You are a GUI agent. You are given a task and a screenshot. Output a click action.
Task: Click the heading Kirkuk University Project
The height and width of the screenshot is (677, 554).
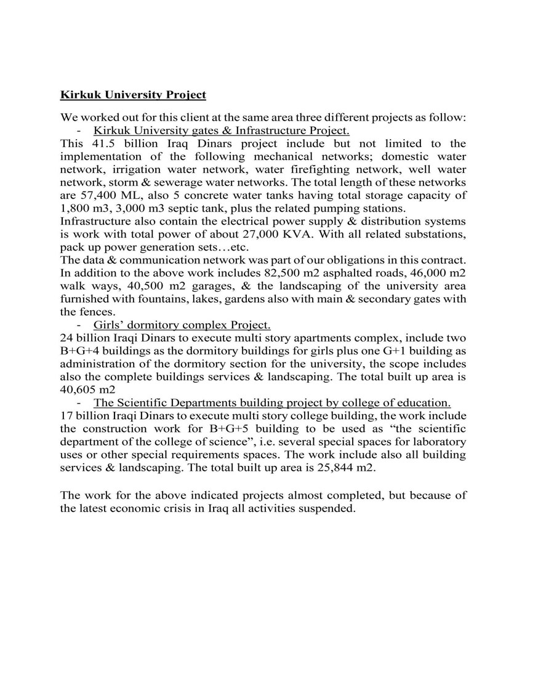pyautogui.click(x=133, y=95)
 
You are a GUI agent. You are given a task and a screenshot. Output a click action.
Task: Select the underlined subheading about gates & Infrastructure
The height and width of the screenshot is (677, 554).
pyautogui.click(x=222, y=130)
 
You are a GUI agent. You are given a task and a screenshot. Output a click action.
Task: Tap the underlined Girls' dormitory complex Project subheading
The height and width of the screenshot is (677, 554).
pyautogui.click(x=182, y=325)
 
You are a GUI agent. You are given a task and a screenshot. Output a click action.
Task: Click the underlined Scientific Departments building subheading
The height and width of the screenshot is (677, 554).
pyautogui.click(x=272, y=403)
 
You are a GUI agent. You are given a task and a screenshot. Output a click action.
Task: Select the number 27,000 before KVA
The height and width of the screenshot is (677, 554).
pyautogui.click(x=263, y=234)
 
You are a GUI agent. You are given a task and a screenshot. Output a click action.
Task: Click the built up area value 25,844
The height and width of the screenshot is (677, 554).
pyautogui.click(x=333, y=468)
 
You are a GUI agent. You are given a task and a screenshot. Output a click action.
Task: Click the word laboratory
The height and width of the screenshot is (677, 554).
pyautogui.click(x=437, y=442)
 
